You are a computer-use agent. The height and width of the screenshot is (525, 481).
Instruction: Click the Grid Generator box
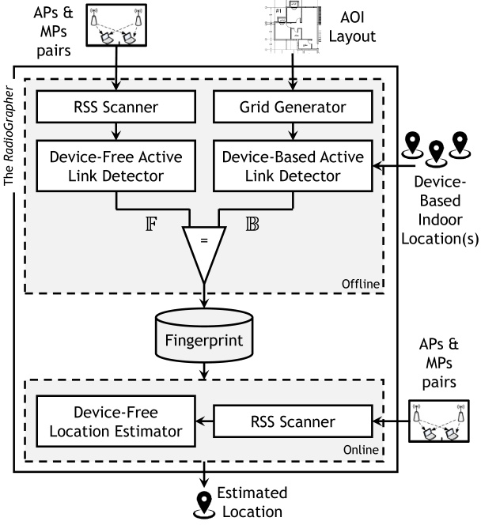coord(293,107)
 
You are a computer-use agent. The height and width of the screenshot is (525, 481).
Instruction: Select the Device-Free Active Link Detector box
coord(116,166)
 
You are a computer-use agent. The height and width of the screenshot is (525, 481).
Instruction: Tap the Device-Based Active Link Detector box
coord(293,166)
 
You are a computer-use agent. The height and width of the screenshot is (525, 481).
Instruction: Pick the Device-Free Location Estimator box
coord(116,421)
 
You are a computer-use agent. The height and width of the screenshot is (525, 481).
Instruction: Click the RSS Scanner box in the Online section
coord(293,421)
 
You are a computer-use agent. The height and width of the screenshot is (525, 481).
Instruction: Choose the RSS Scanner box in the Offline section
coord(116,107)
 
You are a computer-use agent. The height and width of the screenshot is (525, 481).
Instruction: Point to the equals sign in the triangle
coord(204,240)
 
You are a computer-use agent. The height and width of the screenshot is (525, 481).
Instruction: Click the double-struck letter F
coord(151,224)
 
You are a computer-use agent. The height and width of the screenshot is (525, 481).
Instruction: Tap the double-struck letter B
coord(252,224)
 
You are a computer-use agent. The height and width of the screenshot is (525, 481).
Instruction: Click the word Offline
coord(361,284)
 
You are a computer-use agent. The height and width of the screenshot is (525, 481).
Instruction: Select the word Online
coord(361,450)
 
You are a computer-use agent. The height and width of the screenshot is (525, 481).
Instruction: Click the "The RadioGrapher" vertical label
coord(9,136)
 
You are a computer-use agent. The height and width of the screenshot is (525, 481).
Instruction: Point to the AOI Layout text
coord(352,27)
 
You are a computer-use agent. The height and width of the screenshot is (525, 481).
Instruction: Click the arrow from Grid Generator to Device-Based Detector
coord(293,131)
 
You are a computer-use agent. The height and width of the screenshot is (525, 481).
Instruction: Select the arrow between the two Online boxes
coord(204,421)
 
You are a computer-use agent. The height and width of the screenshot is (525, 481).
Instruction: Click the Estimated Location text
coord(252,502)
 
